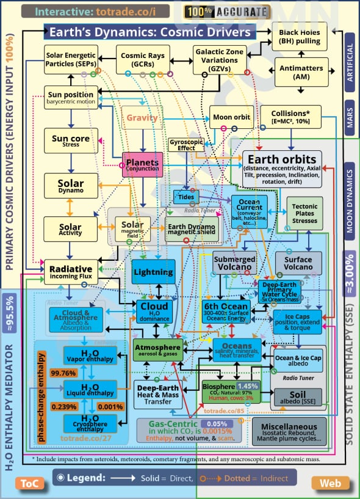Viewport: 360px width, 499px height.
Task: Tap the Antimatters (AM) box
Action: coord(302,71)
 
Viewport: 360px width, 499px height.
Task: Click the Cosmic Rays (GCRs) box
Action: coord(143,59)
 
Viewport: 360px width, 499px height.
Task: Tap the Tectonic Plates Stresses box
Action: coord(305,214)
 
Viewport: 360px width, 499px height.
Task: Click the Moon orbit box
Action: coord(231,117)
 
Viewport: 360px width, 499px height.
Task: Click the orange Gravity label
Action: coord(142,117)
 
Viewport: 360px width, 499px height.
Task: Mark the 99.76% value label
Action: coord(63,373)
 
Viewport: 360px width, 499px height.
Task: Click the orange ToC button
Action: coord(26,483)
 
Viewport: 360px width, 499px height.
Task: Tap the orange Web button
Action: coord(330,483)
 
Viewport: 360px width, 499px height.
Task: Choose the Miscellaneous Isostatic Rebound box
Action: coord(289,431)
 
